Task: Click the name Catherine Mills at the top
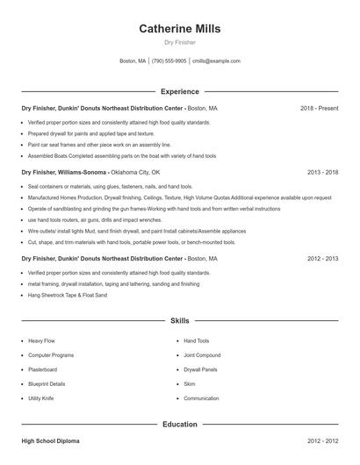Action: coord(179,29)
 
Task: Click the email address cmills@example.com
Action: coord(216,61)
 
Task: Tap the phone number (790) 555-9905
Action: coord(169,61)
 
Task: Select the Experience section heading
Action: coord(179,91)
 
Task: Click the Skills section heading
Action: coord(179,321)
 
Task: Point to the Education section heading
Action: coord(179,425)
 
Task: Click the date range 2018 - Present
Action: coord(319,108)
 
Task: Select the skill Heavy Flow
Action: coord(42,340)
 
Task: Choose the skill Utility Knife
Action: coord(41,398)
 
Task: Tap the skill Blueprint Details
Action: coord(47,384)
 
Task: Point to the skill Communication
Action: coord(201,398)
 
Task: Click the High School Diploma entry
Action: coord(51,441)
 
